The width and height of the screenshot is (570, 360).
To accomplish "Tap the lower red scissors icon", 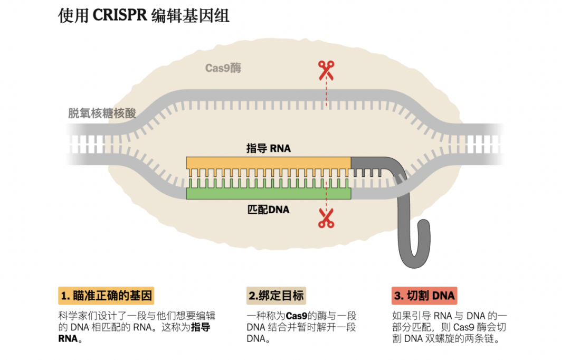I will [326, 218].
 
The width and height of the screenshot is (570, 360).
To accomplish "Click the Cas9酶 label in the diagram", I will [223, 68].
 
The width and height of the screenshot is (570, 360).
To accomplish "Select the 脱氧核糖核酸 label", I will [102, 113].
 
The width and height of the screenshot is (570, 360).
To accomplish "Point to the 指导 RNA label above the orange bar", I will [268, 148].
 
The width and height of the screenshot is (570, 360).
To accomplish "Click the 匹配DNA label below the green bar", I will [268, 210].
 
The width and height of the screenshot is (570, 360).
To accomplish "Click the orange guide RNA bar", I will [268, 163].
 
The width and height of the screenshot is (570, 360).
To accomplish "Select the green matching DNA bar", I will [268, 193].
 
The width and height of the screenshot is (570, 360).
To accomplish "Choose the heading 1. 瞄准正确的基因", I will [106, 296].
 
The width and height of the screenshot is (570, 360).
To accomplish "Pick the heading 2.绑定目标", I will [276, 296].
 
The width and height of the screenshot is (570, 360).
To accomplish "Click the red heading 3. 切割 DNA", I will [424, 296].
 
